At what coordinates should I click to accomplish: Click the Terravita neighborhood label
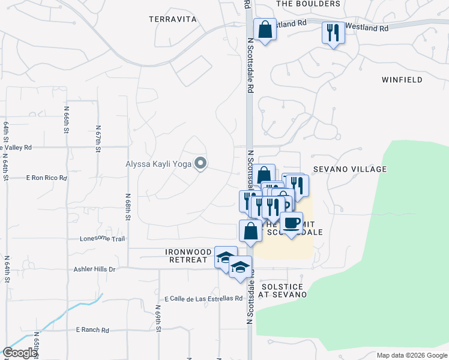coord(173,19)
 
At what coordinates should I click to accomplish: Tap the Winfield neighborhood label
coord(403,79)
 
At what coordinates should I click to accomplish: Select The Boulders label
coord(308,4)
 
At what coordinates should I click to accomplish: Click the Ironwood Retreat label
coord(185,256)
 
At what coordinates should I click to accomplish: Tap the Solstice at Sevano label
coord(282,291)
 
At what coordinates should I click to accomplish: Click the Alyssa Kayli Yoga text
coord(158,163)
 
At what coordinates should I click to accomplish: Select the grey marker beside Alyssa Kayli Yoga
coord(201,163)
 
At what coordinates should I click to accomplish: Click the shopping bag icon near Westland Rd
coord(264,29)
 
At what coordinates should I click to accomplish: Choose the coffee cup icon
coord(292,223)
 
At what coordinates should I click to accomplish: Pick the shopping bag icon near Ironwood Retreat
coord(250,230)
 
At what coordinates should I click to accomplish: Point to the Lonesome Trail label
coord(102,239)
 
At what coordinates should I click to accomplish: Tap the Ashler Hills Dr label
coord(95,269)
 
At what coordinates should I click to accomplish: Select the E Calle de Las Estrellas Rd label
coord(203,298)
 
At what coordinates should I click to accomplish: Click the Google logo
coord(20,353)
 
